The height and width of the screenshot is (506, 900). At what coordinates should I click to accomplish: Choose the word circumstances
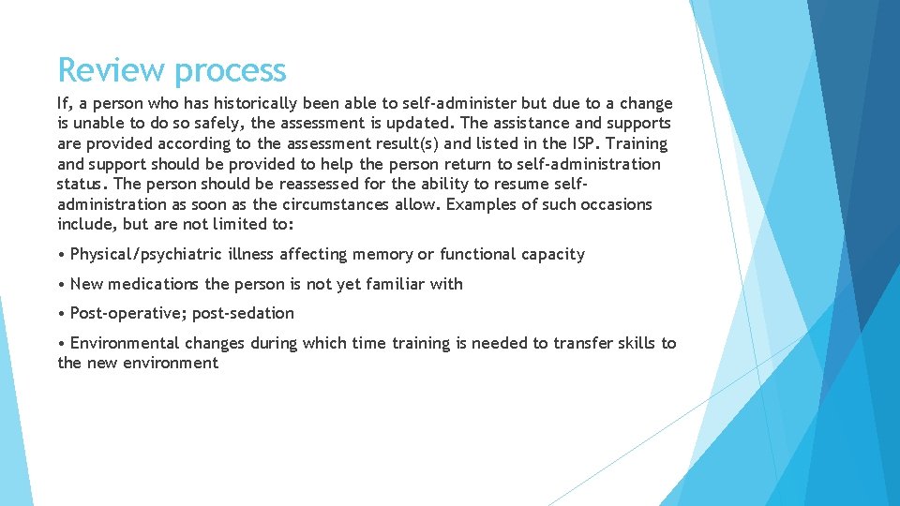coord(334,204)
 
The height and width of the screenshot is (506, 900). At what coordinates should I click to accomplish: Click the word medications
coord(155,284)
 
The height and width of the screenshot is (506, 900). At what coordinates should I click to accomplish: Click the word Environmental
coord(125,343)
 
